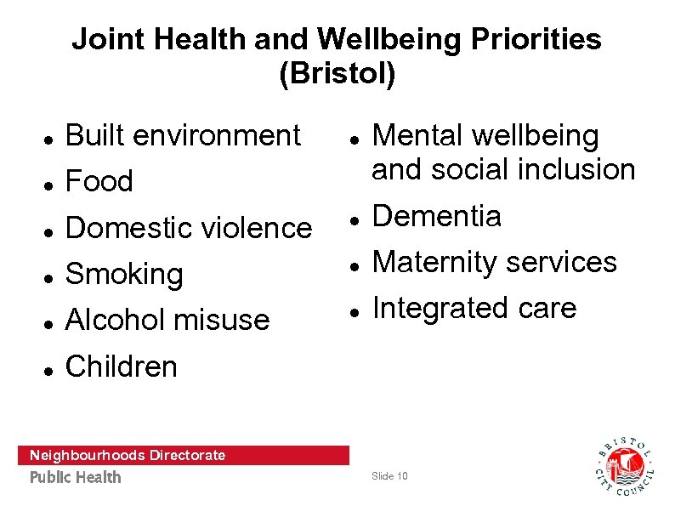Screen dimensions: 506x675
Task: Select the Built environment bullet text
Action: coord(183,135)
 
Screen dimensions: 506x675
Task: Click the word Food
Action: coord(99,181)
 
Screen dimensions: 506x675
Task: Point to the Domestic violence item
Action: coord(189,228)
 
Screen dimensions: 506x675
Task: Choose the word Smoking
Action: coord(124,275)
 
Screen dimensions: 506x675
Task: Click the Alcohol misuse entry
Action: coord(167,320)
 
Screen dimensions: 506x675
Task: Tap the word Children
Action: coord(122,367)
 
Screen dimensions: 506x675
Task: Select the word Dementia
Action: coord(437,216)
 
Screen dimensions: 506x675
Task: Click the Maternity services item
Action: coord(495,262)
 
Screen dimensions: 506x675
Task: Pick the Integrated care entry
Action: coord(474,308)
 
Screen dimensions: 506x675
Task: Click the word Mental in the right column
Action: coord(417,135)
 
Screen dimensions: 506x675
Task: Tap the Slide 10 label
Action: coord(389,476)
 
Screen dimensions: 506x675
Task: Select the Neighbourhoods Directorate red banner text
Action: coord(128,455)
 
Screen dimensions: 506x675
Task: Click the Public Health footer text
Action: coord(76,477)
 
